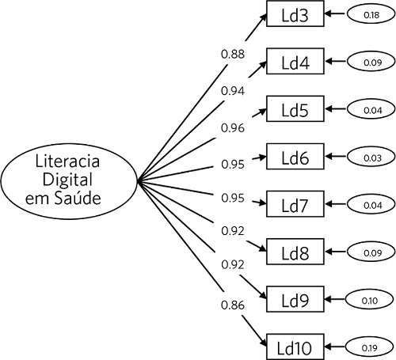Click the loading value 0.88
click(x=233, y=55)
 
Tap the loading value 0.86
click(x=233, y=303)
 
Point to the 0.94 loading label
click(x=233, y=90)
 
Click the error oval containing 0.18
click(x=371, y=14)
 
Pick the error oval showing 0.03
click(x=371, y=157)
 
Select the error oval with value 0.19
click(x=371, y=347)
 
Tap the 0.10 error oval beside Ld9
click(x=371, y=299)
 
